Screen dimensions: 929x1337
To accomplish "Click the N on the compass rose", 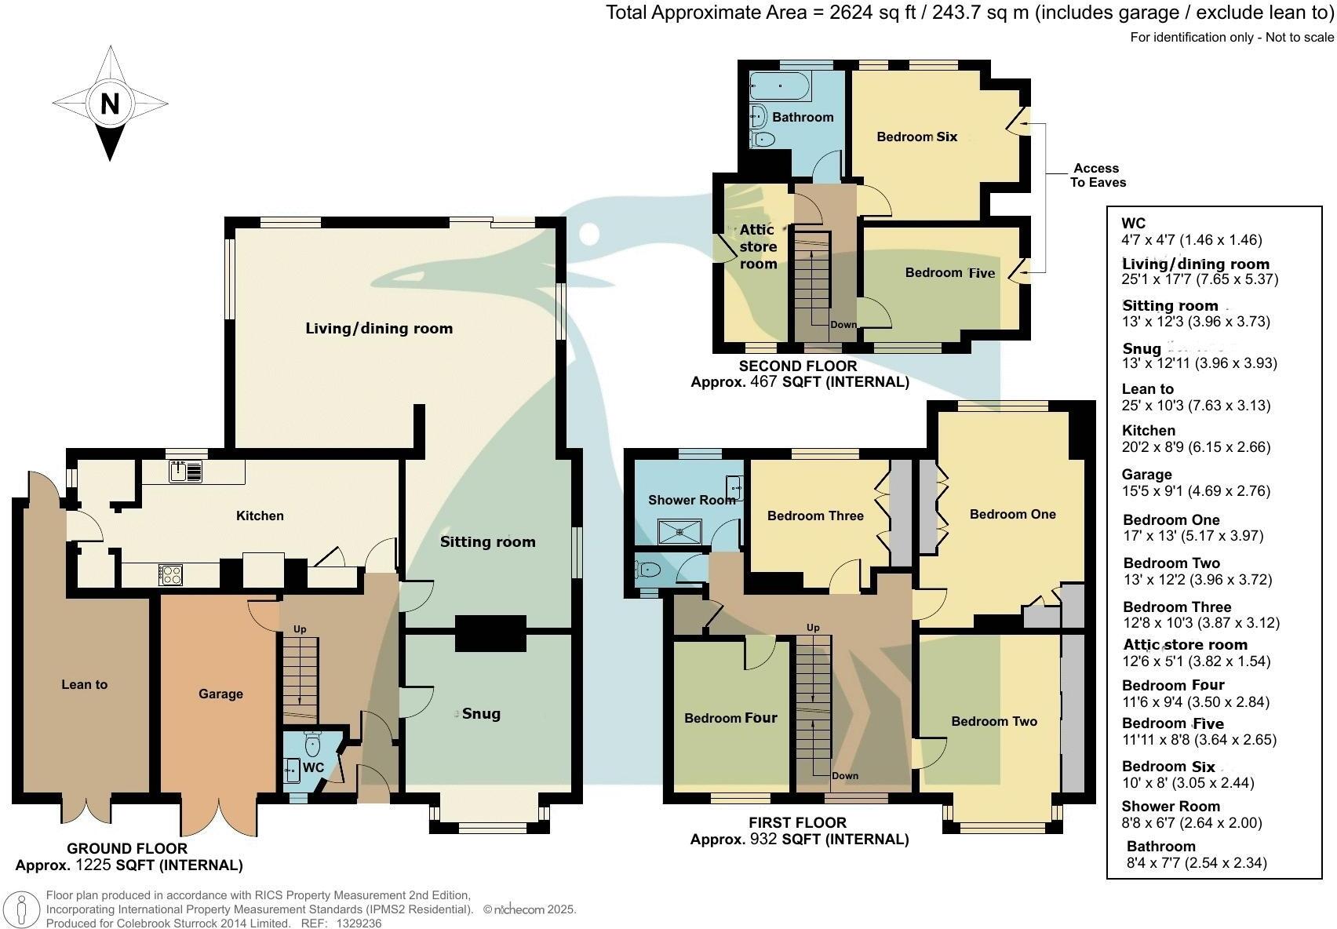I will pos(110,103).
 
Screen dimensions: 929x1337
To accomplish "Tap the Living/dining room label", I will pos(379,329).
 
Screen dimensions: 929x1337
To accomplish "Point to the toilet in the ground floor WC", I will pos(313,743).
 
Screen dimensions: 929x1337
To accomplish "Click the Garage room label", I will pos(220,694).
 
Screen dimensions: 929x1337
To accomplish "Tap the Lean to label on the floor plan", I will pos(84,684).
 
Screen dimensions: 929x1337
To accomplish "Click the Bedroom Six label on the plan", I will pos(916,137).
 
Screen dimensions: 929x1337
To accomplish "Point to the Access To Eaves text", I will pos(1097,175).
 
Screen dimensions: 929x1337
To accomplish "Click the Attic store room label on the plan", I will pos(758,246).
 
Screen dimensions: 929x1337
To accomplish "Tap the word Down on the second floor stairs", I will pos(843,324).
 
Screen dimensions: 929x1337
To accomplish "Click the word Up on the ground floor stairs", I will pos(300,629).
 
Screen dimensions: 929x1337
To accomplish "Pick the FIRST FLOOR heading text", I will pos(797,822).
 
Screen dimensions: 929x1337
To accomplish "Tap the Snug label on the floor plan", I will pos(480,713).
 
